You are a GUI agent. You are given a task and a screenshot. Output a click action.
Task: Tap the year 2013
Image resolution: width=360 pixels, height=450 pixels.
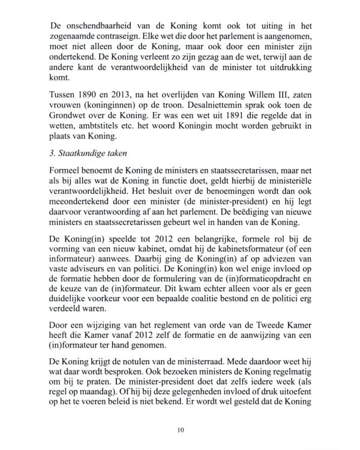click(135, 99)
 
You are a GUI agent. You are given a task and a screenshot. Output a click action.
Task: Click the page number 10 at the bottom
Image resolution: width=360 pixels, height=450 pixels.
click(181, 430)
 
